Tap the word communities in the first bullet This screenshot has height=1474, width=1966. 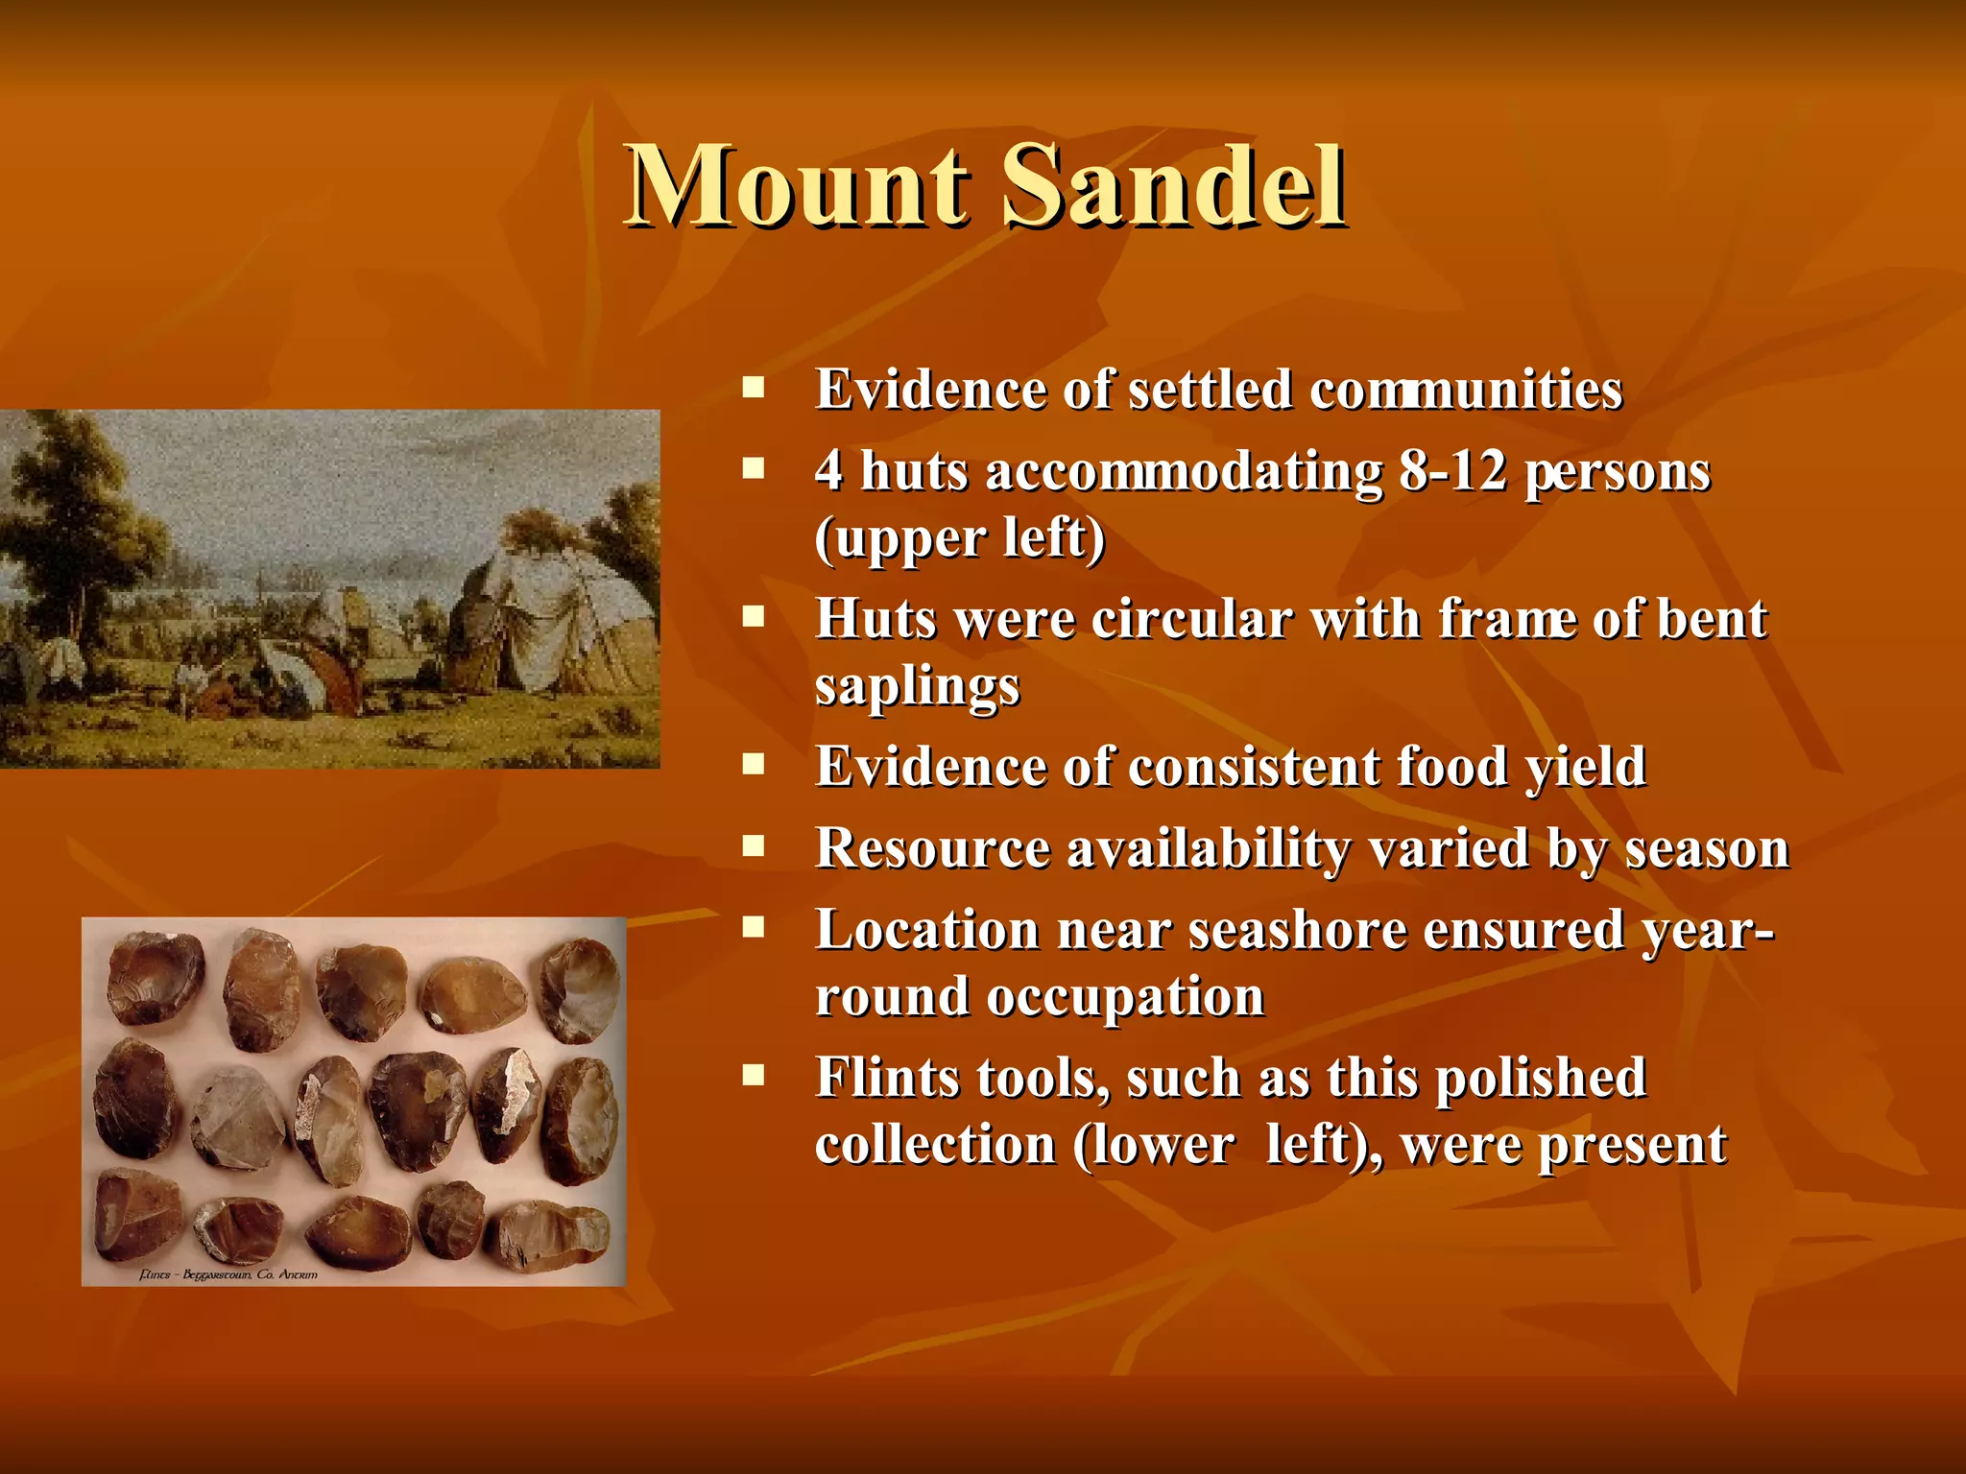click(1466, 391)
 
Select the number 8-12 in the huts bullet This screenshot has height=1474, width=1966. click(1452, 472)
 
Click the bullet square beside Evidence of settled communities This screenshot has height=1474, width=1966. click(754, 389)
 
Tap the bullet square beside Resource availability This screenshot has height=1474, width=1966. click(754, 847)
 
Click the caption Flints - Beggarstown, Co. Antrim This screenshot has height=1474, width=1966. click(228, 1274)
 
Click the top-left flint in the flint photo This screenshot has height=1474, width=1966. click(155, 977)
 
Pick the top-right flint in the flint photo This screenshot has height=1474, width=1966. click(579, 989)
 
